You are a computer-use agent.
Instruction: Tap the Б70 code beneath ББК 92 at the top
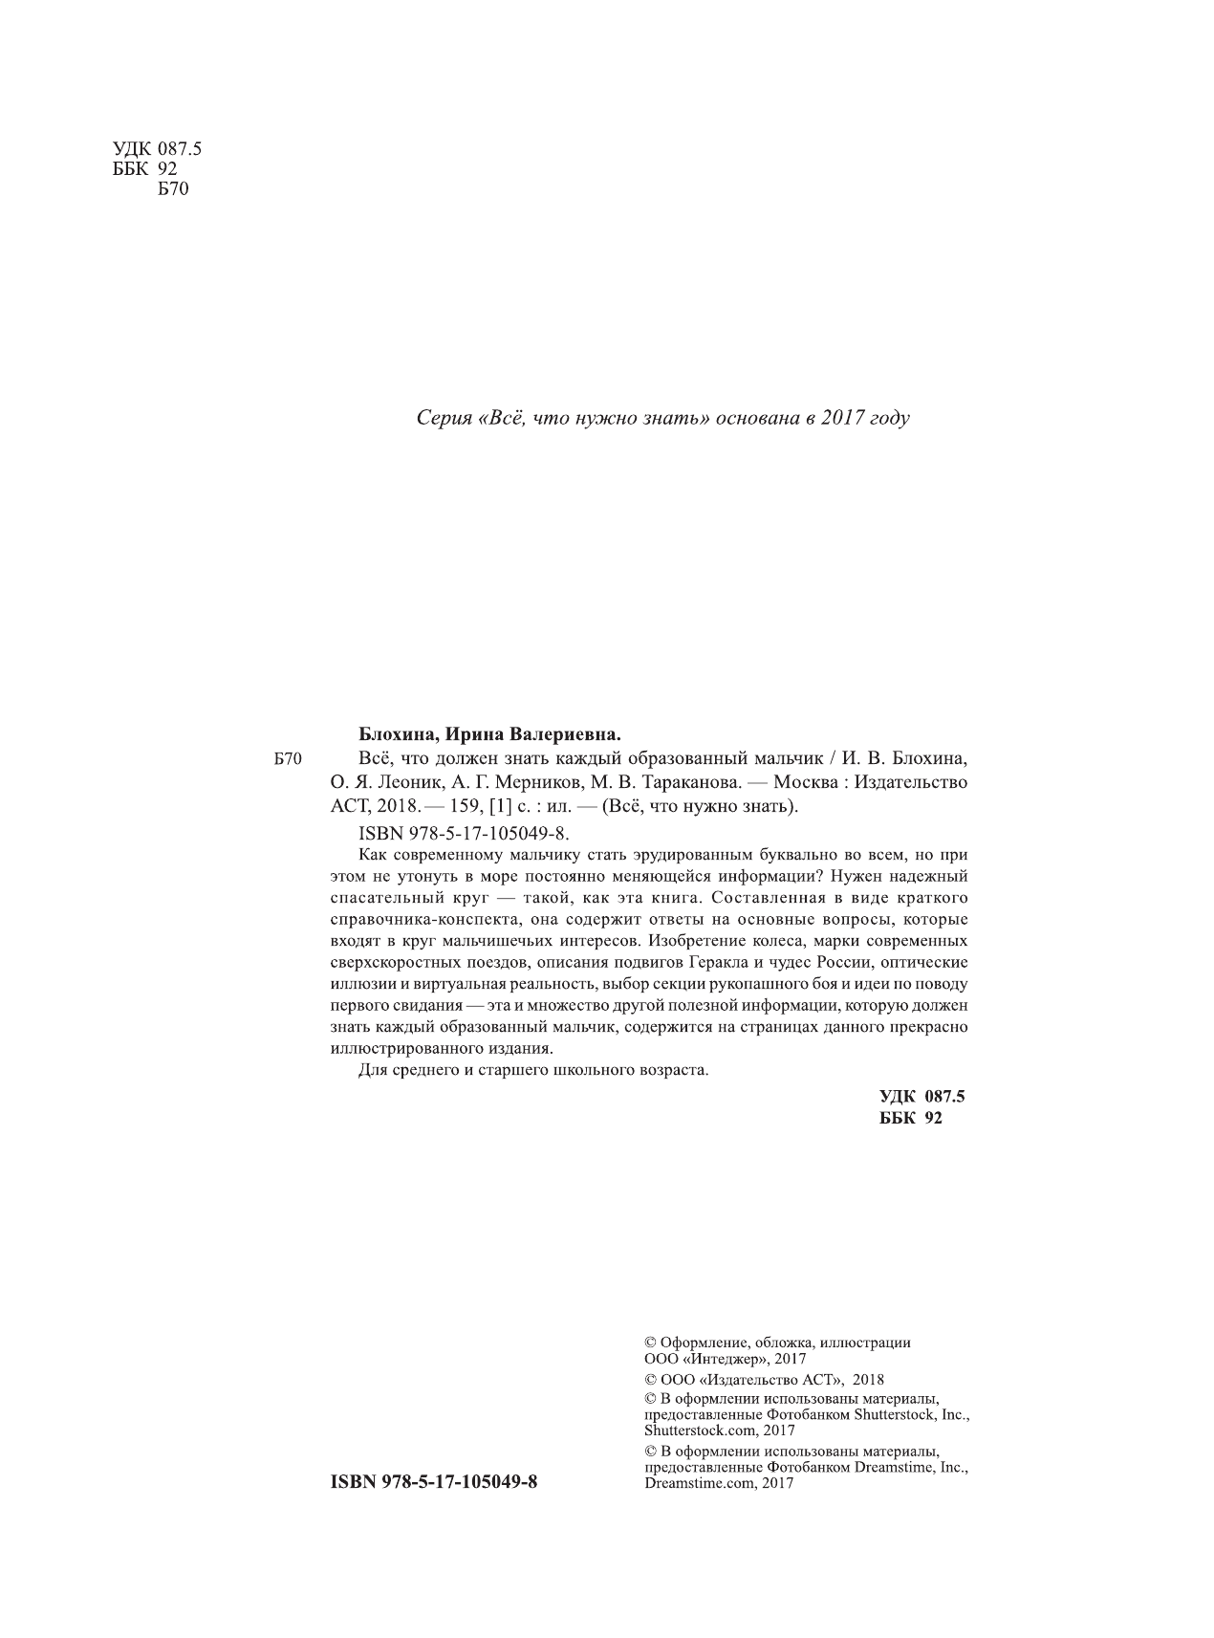point(172,189)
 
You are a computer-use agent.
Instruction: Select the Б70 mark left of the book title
point(287,760)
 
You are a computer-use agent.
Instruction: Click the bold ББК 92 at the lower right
point(910,1118)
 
